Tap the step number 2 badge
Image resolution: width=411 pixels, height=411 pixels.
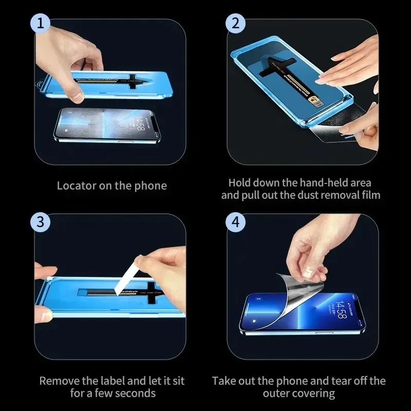[236, 24]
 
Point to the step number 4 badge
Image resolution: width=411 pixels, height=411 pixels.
[236, 222]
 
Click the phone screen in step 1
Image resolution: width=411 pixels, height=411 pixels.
[103, 125]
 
